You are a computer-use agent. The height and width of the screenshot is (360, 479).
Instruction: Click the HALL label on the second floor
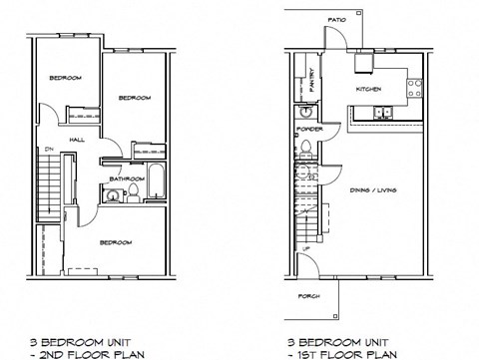(76, 140)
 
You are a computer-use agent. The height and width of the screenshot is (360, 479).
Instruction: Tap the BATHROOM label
(128, 180)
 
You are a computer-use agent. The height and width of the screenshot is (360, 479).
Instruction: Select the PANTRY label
(313, 80)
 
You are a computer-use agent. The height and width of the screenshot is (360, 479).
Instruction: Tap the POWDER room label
(309, 130)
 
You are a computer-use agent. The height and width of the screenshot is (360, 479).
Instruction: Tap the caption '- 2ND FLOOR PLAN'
(75, 354)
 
